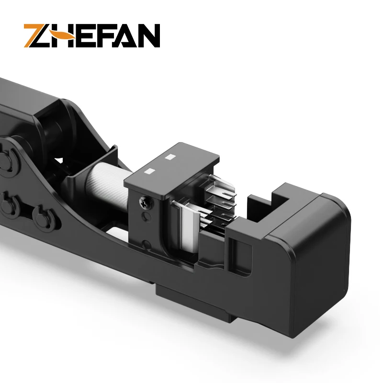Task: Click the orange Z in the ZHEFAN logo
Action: click(x=36, y=36)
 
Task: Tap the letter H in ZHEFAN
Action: click(x=68, y=36)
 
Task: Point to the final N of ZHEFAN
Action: click(x=146, y=36)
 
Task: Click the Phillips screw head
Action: click(x=145, y=204)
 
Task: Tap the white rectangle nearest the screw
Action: click(x=150, y=171)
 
